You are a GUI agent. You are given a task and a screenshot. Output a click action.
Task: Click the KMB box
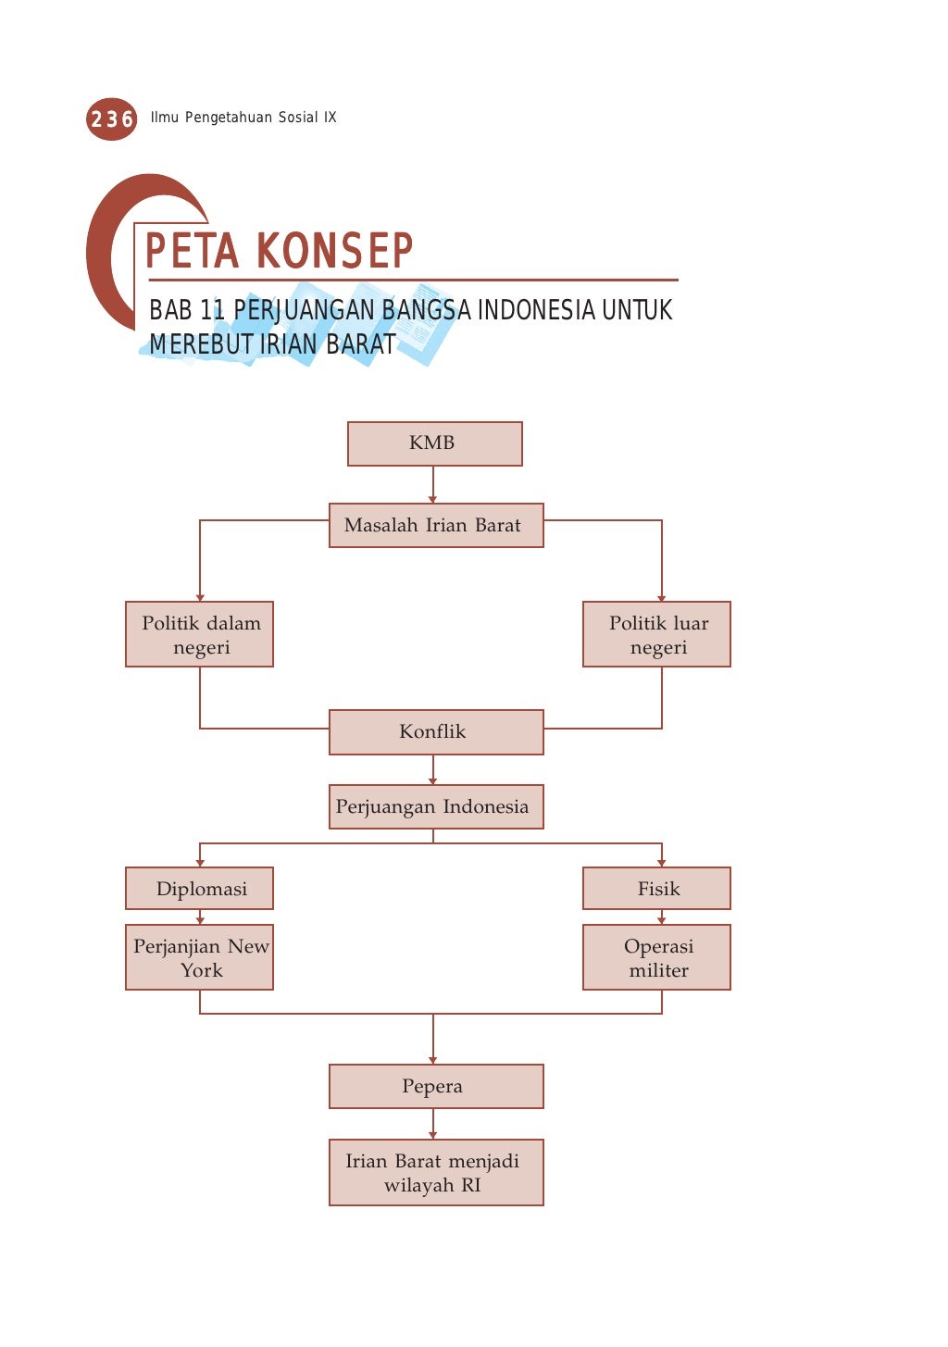[434, 443]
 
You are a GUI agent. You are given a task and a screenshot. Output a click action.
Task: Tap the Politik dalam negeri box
[200, 634]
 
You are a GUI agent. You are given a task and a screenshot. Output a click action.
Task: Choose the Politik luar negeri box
[656, 634]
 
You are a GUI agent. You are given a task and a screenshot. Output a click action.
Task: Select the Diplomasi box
[200, 889]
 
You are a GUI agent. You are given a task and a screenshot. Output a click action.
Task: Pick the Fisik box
[656, 889]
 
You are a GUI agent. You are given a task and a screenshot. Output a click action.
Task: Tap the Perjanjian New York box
[200, 957]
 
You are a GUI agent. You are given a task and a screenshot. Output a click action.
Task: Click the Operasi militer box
[656, 957]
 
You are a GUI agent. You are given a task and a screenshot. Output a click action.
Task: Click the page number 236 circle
[111, 118]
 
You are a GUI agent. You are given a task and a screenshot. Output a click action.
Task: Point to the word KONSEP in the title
[334, 251]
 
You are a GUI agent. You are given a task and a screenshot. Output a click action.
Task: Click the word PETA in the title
[193, 251]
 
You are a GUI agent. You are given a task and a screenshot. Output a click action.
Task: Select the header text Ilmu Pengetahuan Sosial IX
[243, 118]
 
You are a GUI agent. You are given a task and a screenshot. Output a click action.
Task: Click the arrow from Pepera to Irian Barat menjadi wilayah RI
[432, 1124]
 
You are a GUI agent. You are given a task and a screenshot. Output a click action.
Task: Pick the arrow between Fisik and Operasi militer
[661, 917]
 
